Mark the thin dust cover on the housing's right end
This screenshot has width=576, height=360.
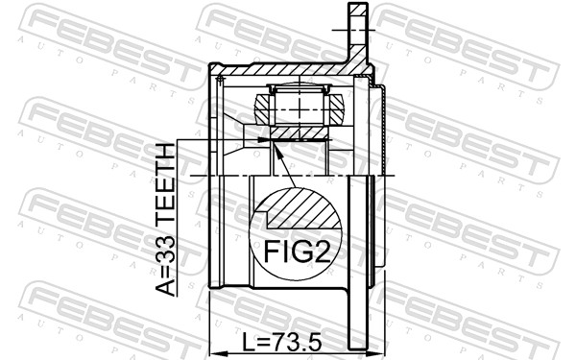coord(382,134)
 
